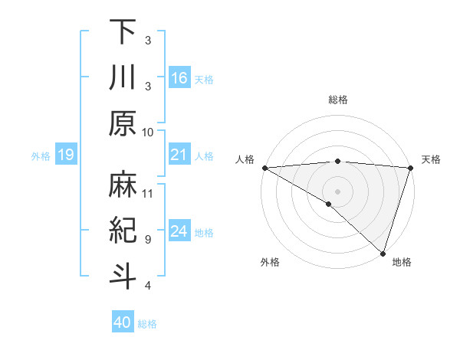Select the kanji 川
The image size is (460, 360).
pyautogui.click(x=123, y=78)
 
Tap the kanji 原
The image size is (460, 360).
pyautogui.click(x=123, y=123)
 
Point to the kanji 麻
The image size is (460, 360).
pyautogui.click(x=123, y=184)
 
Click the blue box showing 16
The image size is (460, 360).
pyautogui.click(x=179, y=77)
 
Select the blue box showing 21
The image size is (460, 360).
pyautogui.click(x=179, y=155)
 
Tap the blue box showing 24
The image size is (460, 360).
pyautogui.click(x=179, y=231)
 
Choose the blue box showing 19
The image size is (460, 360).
pyautogui.click(x=65, y=155)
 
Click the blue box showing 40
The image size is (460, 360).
pyautogui.click(x=123, y=322)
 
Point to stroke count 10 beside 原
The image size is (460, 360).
pyautogui.click(x=148, y=132)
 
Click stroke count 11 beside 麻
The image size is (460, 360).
pyautogui.click(x=148, y=192)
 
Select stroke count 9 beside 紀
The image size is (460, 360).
pyautogui.click(x=148, y=239)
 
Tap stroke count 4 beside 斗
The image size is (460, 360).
pyautogui.click(x=148, y=286)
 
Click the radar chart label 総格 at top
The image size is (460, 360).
pyautogui.click(x=337, y=100)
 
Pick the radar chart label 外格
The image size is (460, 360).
pyautogui.click(x=270, y=263)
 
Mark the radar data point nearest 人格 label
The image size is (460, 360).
pyautogui.click(x=264, y=167)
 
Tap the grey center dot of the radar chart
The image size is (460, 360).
pyautogui.click(x=337, y=191)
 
